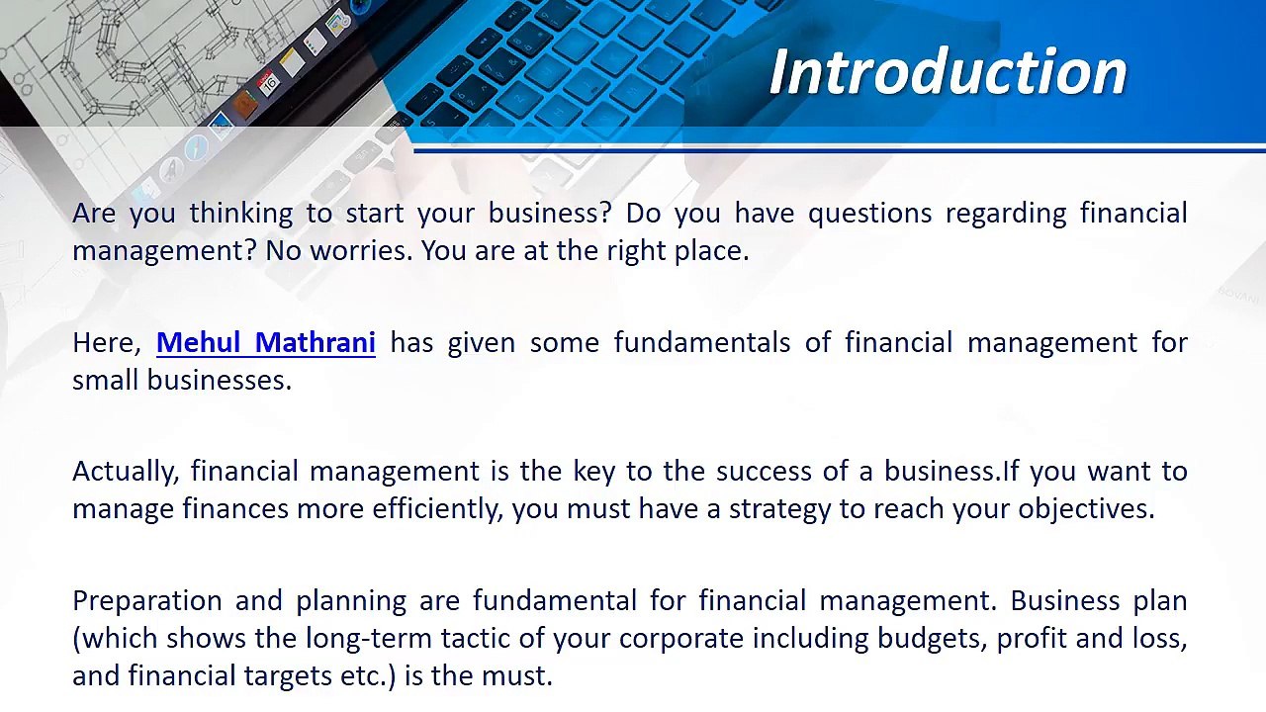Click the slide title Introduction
point(949,72)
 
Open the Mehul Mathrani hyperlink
point(266,342)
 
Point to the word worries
point(361,251)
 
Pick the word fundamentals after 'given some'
point(702,342)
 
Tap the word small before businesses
point(106,380)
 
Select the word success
point(765,472)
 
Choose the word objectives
point(1086,509)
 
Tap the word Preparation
point(147,601)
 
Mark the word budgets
point(933,639)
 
